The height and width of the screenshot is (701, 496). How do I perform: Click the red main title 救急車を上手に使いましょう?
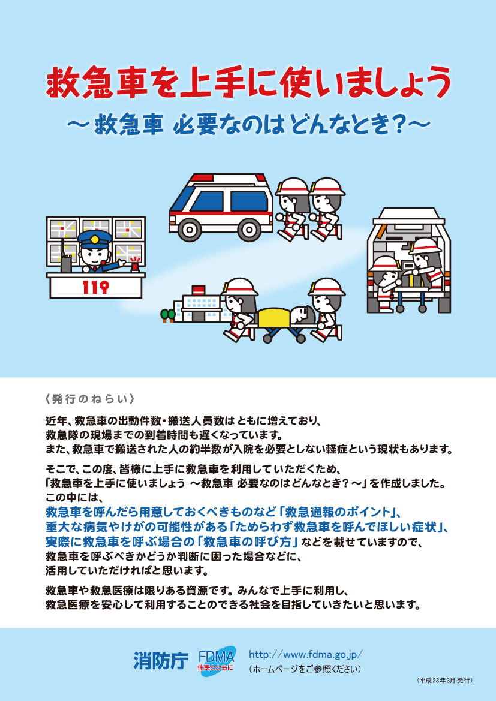point(248,83)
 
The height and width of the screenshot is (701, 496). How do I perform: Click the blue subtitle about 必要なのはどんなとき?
point(248,125)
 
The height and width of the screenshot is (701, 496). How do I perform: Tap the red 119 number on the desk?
point(95,288)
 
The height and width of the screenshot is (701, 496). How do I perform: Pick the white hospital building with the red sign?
point(197,303)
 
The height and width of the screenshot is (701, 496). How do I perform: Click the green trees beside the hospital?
point(168,315)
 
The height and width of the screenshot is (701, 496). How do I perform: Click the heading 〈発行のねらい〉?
point(90,398)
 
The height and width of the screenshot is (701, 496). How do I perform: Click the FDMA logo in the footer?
point(217,661)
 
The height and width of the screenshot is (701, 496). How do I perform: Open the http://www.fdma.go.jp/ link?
point(305,654)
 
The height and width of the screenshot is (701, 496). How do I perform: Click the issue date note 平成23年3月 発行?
point(444,681)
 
